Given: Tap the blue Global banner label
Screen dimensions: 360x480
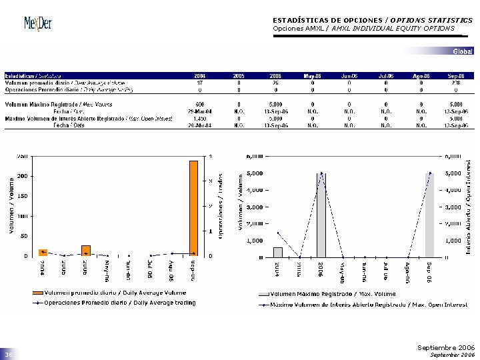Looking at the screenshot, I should (x=463, y=51).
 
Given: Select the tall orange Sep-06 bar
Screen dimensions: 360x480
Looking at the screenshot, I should (x=193, y=208).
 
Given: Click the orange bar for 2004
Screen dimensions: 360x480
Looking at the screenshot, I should (x=43, y=252).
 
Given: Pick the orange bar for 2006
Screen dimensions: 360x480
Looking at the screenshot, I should (x=85, y=250).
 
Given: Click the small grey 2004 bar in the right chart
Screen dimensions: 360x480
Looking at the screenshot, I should (x=278, y=252).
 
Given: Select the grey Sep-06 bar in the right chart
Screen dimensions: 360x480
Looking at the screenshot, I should (x=430, y=215).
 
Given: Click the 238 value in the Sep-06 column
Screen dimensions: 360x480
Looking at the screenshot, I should (x=456, y=83).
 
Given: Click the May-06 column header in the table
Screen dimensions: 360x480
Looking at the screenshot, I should (x=312, y=76).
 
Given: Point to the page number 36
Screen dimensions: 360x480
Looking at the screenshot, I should (x=9, y=355).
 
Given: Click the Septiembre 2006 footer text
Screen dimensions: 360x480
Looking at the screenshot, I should (x=445, y=347).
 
